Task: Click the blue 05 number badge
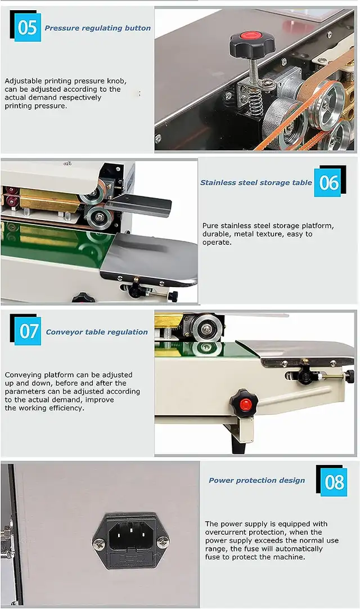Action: click(28, 28)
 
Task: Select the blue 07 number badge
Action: click(28, 331)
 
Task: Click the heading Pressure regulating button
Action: click(97, 28)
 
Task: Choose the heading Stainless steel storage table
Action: click(256, 182)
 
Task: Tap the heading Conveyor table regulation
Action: click(97, 332)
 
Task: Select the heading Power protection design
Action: click(256, 481)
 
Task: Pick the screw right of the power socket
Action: click(163, 541)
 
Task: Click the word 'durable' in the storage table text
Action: click(216, 234)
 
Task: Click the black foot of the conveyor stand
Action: click(237, 444)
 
